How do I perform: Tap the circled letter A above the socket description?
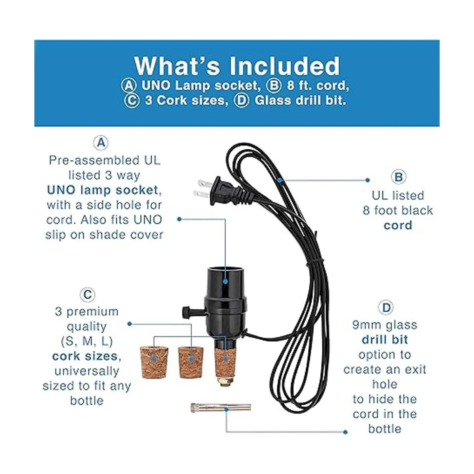pyautogui.click(x=101, y=143)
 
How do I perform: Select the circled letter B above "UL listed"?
pyautogui.click(x=398, y=177)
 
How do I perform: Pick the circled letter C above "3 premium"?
pyautogui.click(x=87, y=295)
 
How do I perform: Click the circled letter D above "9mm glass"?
pyautogui.click(x=386, y=308)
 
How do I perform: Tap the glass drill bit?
pyautogui.click(x=220, y=407)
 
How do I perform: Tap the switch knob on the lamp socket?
pyautogui.click(x=186, y=312)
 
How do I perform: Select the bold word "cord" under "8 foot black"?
pyautogui.click(x=398, y=226)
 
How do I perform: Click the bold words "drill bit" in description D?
pyautogui.click(x=385, y=340)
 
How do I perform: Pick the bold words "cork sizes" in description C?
pyautogui.click(x=85, y=356)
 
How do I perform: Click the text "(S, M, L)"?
pyautogui.click(x=87, y=341)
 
